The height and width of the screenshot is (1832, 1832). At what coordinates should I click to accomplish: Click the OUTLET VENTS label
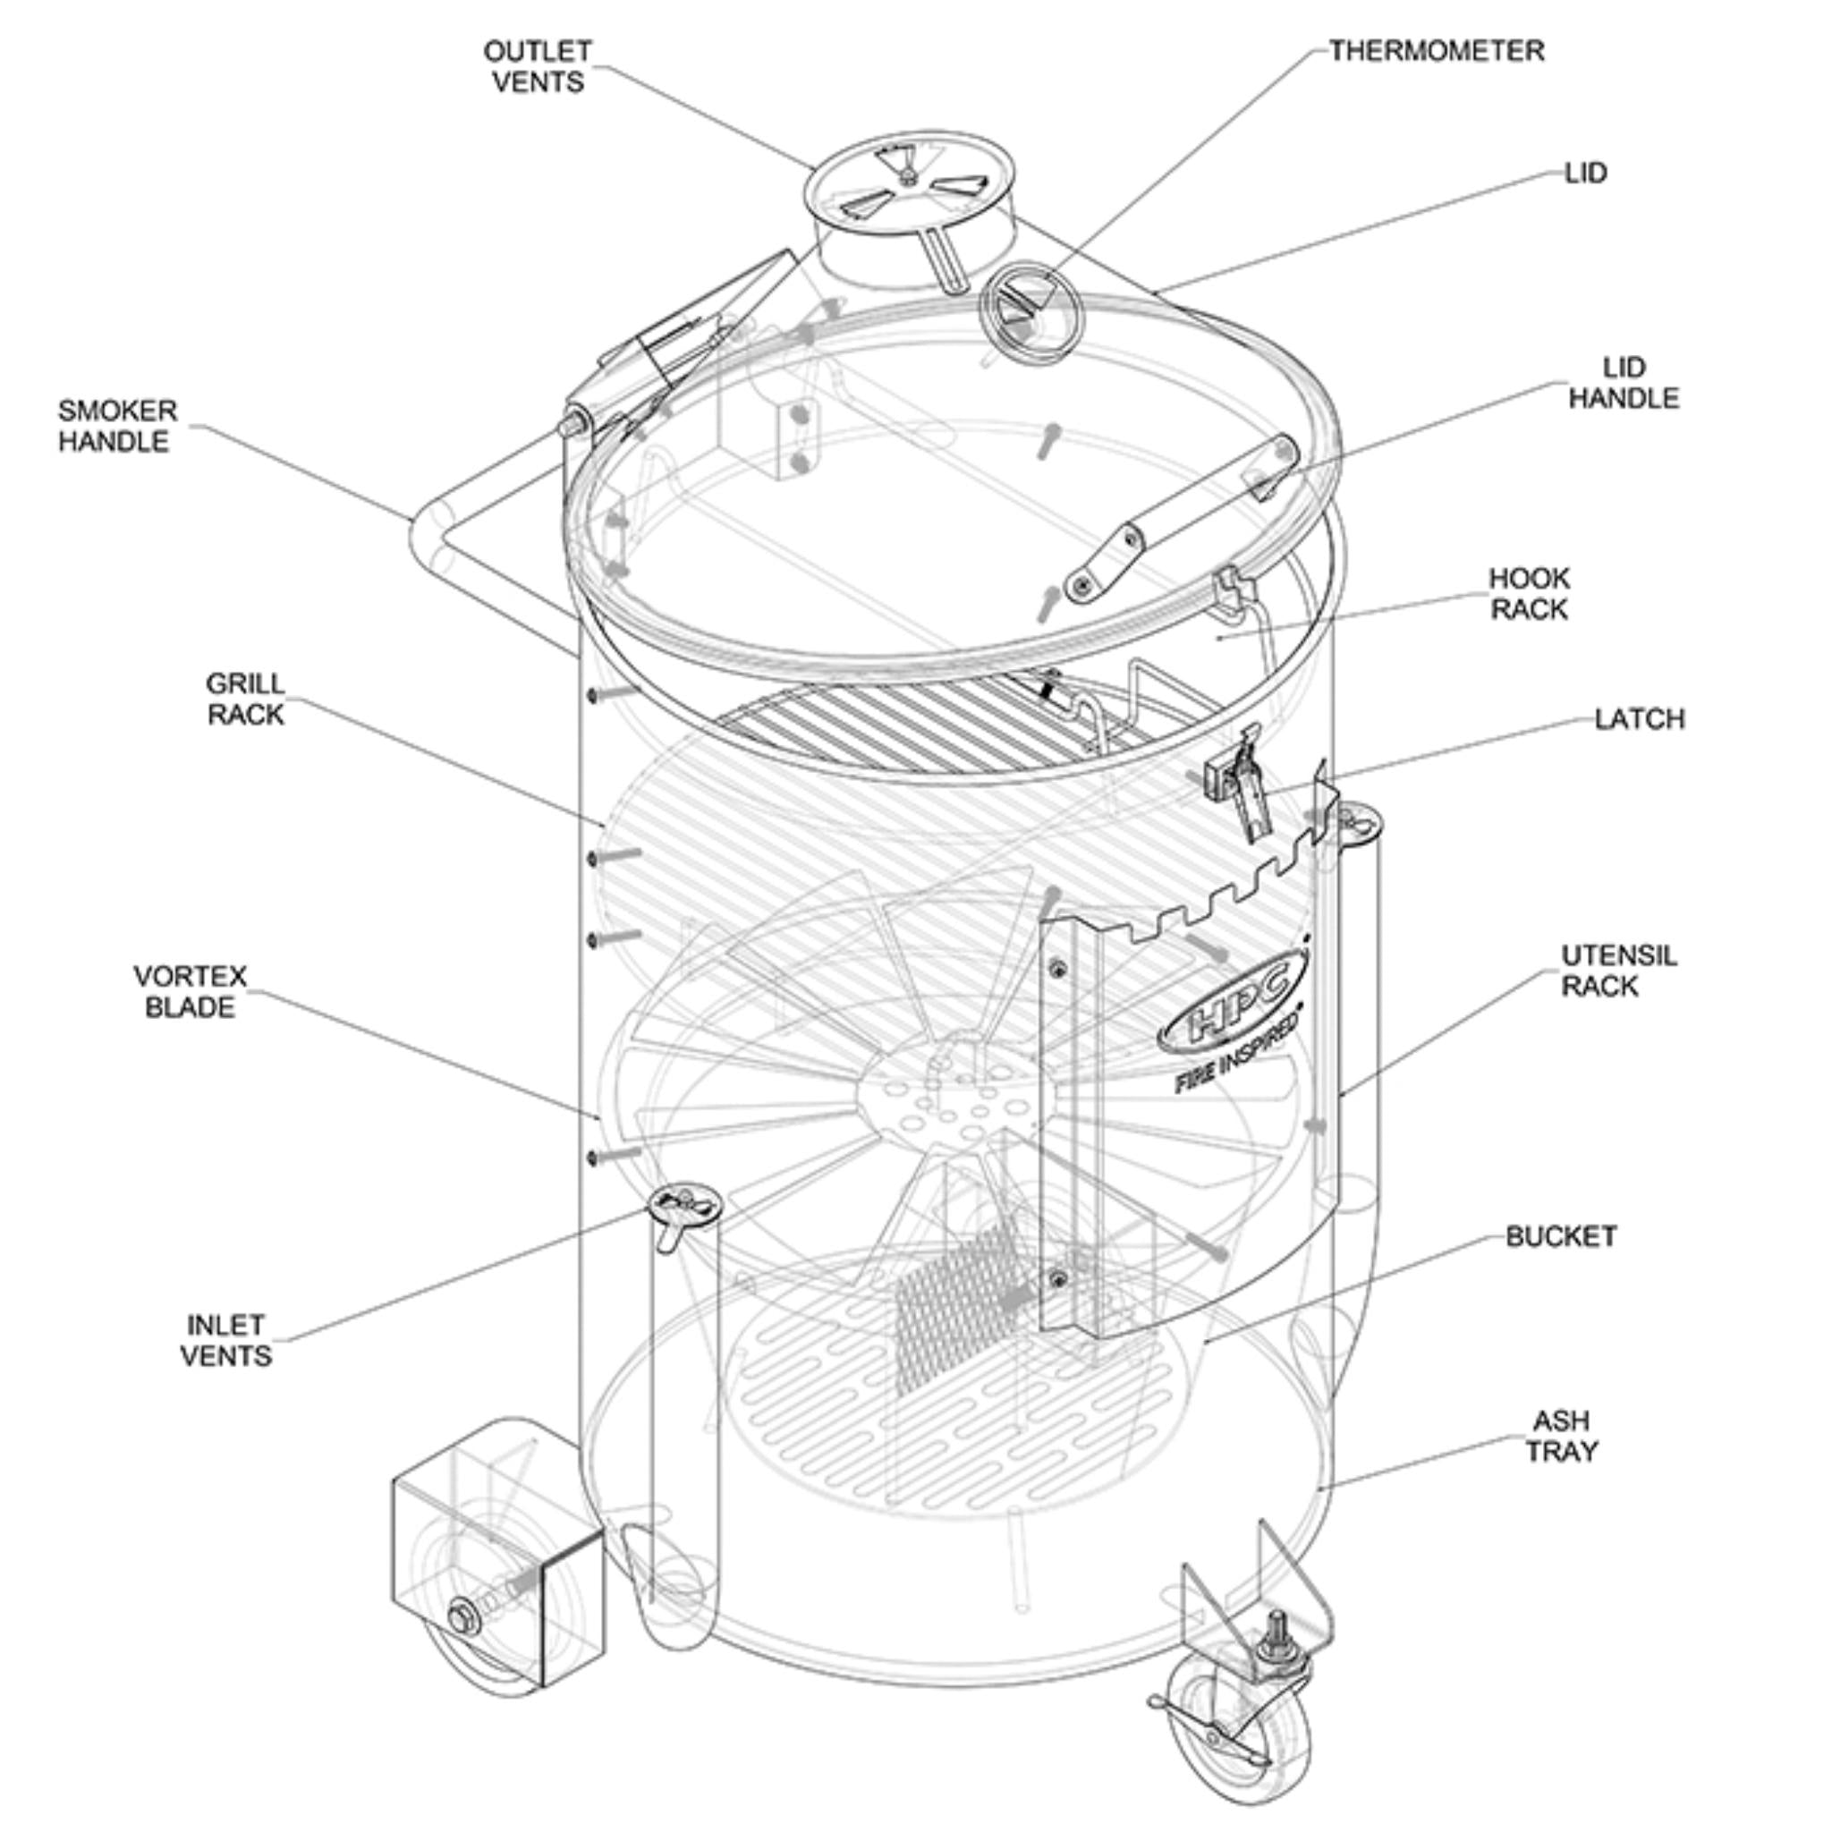(538, 66)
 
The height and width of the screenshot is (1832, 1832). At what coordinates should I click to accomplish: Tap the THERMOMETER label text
(1436, 51)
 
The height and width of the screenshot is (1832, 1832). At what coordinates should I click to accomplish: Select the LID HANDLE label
(1624, 383)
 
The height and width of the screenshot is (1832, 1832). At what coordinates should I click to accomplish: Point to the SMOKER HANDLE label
(116, 426)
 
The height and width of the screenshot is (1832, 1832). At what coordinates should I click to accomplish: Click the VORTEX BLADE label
(190, 992)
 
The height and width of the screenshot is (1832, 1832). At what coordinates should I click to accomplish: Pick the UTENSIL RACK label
(1617, 970)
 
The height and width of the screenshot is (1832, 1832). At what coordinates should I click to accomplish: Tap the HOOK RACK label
(1529, 594)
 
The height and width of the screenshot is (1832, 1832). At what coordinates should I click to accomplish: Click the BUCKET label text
(1561, 1236)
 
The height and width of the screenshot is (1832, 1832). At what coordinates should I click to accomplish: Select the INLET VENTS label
(225, 1340)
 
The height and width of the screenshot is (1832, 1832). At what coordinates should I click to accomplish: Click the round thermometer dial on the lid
(1030, 310)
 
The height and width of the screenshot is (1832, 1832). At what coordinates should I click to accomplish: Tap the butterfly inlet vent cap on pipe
(684, 1204)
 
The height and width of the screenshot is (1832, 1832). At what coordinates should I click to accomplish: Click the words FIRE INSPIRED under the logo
(1235, 1059)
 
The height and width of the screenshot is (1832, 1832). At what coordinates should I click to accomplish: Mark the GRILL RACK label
(244, 699)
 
